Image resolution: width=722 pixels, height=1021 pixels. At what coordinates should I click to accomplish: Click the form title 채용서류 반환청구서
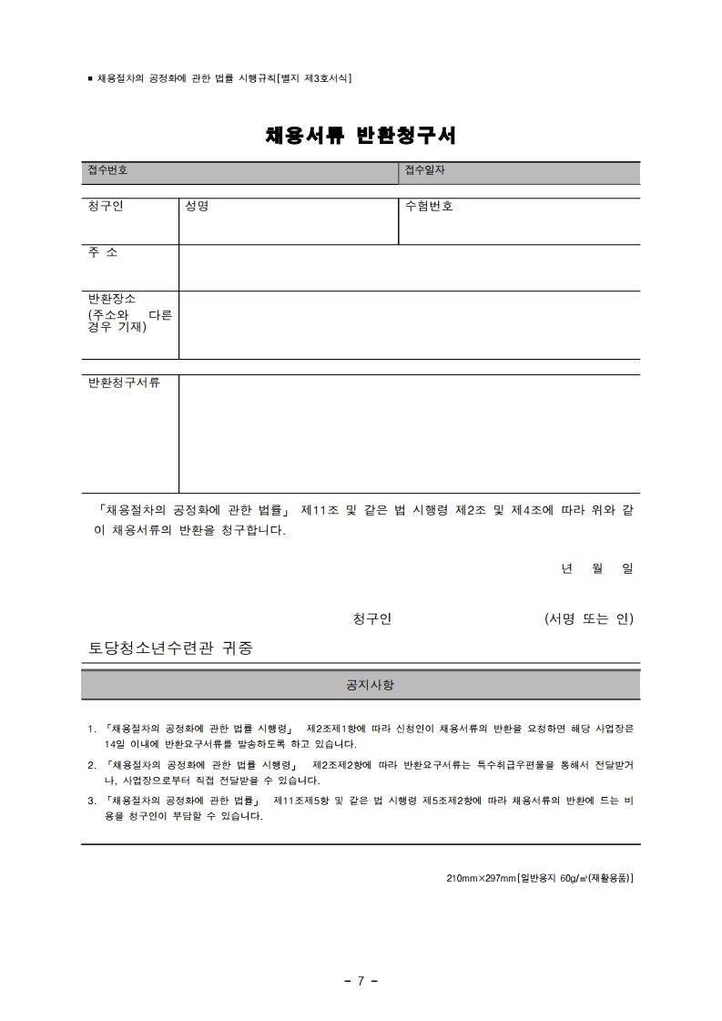coord(361,136)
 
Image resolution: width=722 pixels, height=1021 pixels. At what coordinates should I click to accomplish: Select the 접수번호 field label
coord(107,170)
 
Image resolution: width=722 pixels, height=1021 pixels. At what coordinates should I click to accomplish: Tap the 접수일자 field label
coord(425,170)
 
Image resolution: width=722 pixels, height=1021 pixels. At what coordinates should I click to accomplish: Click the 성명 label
coord(197,206)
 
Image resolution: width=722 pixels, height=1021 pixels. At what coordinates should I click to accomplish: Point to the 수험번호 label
coord(429,206)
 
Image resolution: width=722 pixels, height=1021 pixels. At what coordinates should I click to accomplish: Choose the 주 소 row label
coord(103,252)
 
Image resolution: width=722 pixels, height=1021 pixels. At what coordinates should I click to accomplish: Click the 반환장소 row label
coord(112,299)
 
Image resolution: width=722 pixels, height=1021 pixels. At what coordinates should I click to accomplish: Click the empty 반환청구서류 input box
coord(409,434)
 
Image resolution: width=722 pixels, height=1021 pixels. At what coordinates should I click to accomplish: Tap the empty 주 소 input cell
coord(409,268)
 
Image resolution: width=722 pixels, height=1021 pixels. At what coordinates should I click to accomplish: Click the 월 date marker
coord(597,568)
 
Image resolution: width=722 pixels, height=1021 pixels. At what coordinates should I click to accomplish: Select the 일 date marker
coord(627,568)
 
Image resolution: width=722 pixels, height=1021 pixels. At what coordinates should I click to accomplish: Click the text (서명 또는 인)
coord(588,619)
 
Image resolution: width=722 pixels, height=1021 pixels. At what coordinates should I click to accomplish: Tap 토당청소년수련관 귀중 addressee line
coord(170,648)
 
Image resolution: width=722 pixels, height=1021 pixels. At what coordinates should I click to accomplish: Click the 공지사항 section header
coord(361,684)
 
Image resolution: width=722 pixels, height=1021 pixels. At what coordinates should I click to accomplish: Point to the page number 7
coord(361,981)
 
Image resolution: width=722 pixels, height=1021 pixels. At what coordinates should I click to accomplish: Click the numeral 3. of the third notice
coord(92,801)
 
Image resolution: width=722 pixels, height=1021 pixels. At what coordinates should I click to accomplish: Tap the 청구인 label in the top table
coord(106,206)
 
